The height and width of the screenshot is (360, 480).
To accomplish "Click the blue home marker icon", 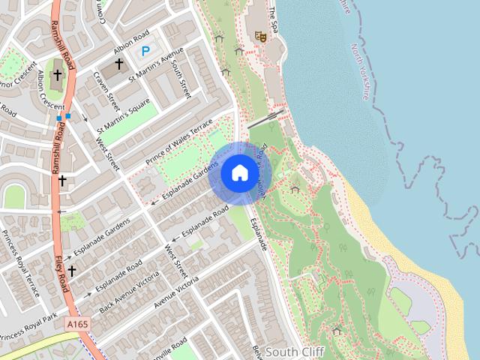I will coord(239,172).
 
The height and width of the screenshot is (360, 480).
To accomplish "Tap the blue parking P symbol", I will coord(145,51).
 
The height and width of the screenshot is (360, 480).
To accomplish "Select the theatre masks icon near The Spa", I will coord(261,35).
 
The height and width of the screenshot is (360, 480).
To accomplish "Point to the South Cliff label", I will coord(294,352).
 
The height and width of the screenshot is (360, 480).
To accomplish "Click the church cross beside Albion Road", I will coord(118,65).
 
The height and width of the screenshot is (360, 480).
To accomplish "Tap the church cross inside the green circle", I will coord(56,75).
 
